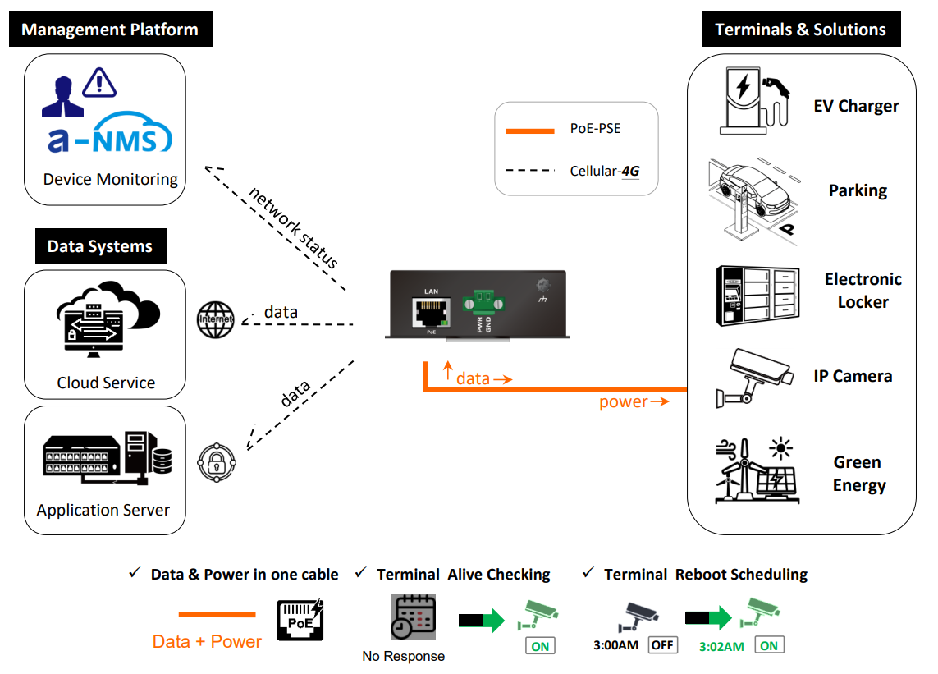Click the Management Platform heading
(110, 30)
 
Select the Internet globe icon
(216, 319)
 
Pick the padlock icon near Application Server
(217, 461)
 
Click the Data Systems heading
(100, 246)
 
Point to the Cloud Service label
(106, 383)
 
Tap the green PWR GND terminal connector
(478, 302)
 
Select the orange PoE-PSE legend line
(531, 130)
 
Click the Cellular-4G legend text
(604, 171)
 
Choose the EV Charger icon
(752, 102)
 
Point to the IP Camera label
(853, 376)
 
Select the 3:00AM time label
(615, 645)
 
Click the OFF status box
(662, 645)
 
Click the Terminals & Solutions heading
(800, 30)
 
